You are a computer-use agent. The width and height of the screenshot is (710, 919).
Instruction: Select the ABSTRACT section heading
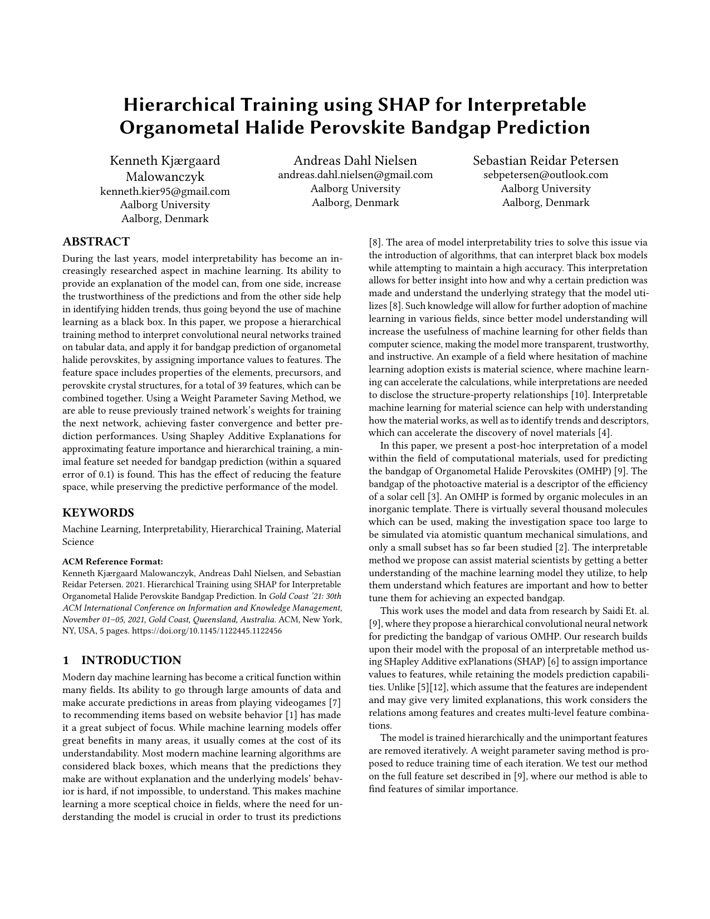pyautogui.click(x=96, y=242)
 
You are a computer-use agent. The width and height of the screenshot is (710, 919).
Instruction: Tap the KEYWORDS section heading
pyautogui.click(x=98, y=513)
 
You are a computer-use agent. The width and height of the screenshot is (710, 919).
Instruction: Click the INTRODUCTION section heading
pyautogui.click(x=131, y=660)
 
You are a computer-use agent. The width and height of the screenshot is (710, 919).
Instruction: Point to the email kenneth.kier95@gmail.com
pyautogui.click(x=165, y=191)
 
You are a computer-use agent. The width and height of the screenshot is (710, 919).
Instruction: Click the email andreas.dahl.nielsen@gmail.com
pyautogui.click(x=355, y=175)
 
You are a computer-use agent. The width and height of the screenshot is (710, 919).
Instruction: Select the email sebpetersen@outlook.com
pyautogui.click(x=546, y=175)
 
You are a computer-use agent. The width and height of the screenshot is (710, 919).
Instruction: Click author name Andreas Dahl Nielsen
pyautogui.click(x=355, y=160)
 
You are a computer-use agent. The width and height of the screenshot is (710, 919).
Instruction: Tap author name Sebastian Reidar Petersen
pyautogui.click(x=546, y=160)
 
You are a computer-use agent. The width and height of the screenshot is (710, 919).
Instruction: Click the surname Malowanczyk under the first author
pyautogui.click(x=165, y=177)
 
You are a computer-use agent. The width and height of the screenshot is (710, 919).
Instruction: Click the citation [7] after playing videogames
pyautogui.click(x=335, y=702)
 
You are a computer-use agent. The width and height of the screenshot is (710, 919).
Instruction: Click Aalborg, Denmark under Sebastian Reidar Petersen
pyautogui.click(x=546, y=202)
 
